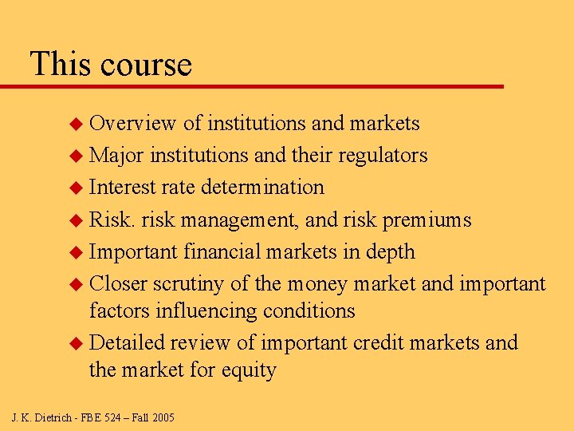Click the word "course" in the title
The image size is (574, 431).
147,65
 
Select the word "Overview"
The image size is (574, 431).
132,123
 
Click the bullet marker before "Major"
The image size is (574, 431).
77,156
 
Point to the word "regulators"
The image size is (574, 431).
383,155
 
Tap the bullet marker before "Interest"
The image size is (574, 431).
77,188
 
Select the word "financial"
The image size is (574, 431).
228,251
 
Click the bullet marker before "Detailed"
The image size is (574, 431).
77,343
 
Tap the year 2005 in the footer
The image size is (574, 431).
162,417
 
